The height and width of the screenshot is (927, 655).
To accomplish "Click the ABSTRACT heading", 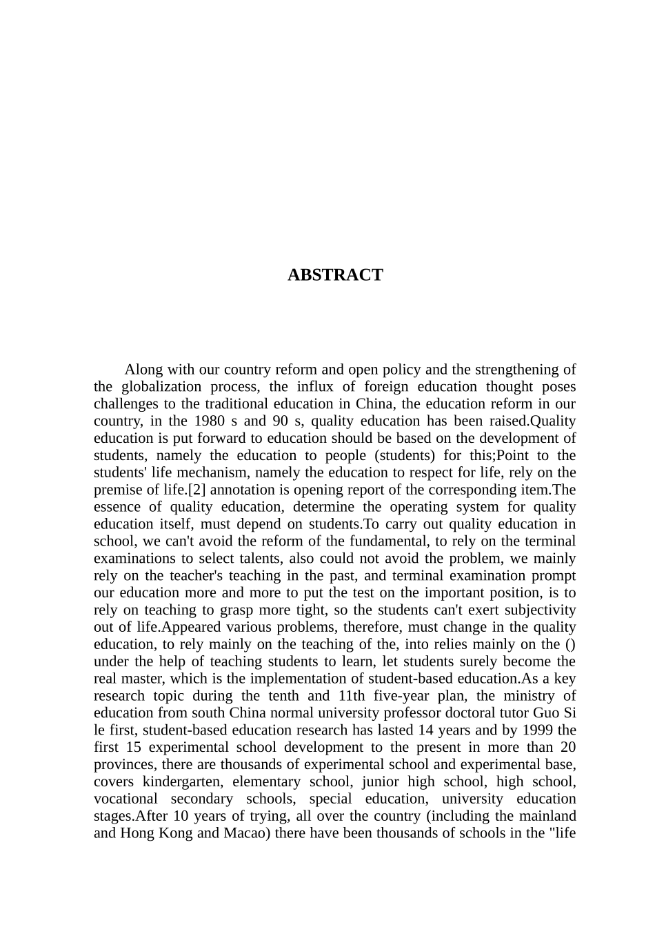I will click(x=334, y=275).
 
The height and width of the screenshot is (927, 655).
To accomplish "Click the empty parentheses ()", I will click(x=570, y=645).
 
